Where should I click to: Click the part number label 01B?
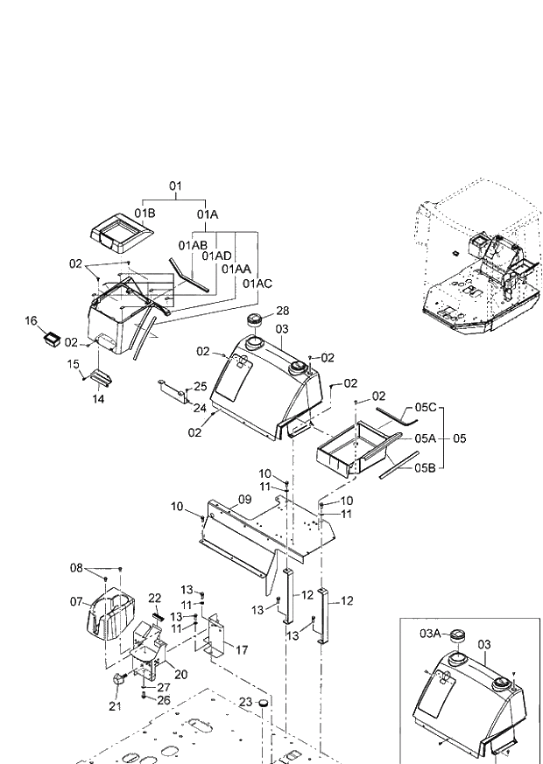(x=145, y=213)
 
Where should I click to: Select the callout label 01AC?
(x=257, y=284)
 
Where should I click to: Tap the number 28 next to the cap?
(x=282, y=311)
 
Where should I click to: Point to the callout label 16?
(x=32, y=321)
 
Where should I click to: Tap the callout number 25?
(x=201, y=386)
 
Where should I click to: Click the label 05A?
(x=426, y=438)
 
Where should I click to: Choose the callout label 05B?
(x=426, y=467)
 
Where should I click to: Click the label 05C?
(x=426, y=408)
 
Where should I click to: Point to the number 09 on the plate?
(x=244, y=499)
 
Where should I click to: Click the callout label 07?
(x=76, y=602)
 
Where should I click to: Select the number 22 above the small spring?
(x=155, y=598)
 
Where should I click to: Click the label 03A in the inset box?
(x=429, y=633)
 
